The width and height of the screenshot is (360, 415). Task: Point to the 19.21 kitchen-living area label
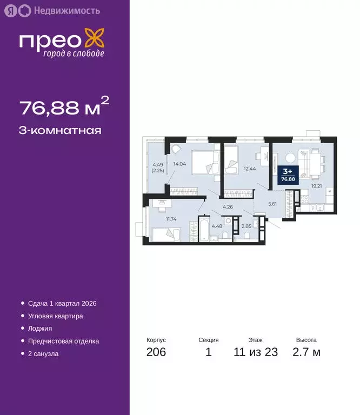pyautogui.click(x=316, y=185)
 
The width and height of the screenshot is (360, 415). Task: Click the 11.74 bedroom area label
pyautogui.click(x=171, y=218)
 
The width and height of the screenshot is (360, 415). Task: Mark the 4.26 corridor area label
pyautogui.click(x=228, y=207)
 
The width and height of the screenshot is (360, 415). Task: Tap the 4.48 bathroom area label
pyautogui.click(x=217, y=226)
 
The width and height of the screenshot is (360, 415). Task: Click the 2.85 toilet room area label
pyautogui.click(x=246, y=226)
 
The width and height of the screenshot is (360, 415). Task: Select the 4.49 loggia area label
pyautogui.click(x=158, y=167)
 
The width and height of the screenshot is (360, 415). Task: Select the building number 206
pyautogui.click(x=156, y=353)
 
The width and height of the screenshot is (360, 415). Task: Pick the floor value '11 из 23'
pyautogui.click(x=255, y=353)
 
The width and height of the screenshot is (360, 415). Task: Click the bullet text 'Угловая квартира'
pyautogui.click(x=56, y=316)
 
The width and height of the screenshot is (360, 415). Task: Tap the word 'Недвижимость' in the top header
pyautogui.click(x=66, y=10)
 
